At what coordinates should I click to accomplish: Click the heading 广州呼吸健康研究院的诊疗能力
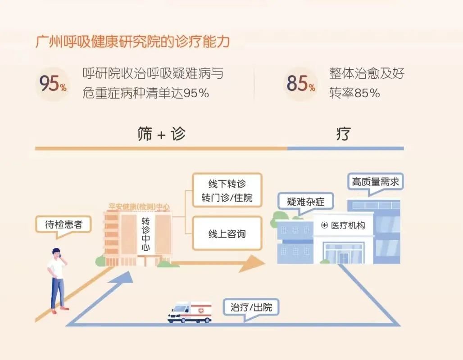pyautogui.click(x=132, y=42)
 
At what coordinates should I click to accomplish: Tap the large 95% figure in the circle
pyautogui.click(x=52, y=83)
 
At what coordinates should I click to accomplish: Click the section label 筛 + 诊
pyautogui.click(x=161, y=134)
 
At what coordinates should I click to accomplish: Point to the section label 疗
pyautogui.click(x=343, y=134)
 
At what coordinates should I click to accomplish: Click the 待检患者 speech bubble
pyautogui.click(x=63, y=224)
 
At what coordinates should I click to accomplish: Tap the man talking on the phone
pyautogui.click(x=57, y=279)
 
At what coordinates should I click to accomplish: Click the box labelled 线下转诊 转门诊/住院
pyautogui.click(x=227, y=190)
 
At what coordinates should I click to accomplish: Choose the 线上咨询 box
pyautogui.click(x=227, y=234)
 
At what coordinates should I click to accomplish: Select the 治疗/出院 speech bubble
pyautogui.click(x=251, y=308)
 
